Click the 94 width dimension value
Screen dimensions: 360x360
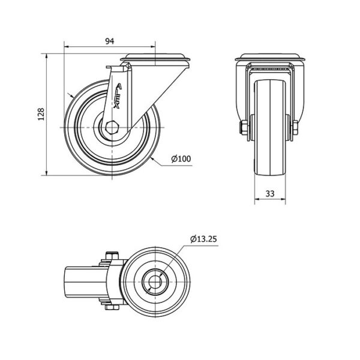pyautogui.click(x=110, y=41)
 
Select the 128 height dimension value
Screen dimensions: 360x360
pyautogui.click(x=41, y=114)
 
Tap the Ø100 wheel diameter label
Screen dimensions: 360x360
pyautogui.click(x=181, y=158)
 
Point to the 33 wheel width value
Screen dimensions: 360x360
pyautogui.click(x=270, y=194)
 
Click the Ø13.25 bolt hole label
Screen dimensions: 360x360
pyautogui.click(x=203, y=239)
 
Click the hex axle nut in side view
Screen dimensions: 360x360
pyautogui.click(x=112, y=127)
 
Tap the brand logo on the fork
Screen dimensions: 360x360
pyautogui.click(x=118, y=95)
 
